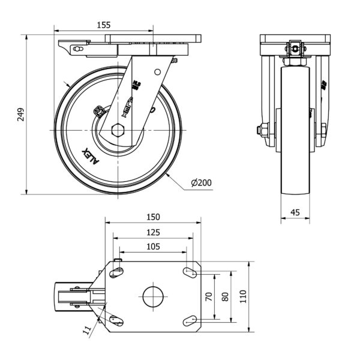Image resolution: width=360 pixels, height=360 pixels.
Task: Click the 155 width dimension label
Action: tap(103, 25)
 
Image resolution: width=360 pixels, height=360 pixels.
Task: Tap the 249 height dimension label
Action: tap(20, 114)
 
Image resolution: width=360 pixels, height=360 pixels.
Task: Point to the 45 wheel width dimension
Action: tap(295, 211)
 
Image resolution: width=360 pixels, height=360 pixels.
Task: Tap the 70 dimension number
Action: tap(209, 296)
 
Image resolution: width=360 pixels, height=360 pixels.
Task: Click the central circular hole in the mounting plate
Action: tap(153, 296)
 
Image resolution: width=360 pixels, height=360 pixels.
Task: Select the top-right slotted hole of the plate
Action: tap(190, 272)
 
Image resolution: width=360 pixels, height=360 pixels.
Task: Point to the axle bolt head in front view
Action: tap(262, 130)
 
